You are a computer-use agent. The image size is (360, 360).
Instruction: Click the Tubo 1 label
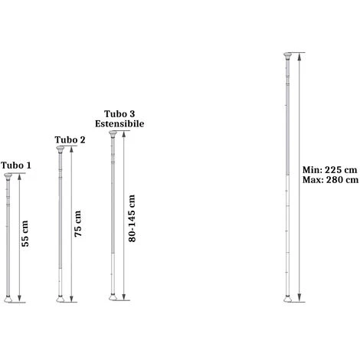pos(16,165)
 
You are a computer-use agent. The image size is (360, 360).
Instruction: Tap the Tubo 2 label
pos(70,139)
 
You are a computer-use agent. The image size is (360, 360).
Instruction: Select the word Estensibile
pos(119,123)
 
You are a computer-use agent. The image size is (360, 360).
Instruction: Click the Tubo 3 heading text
pos(119,113)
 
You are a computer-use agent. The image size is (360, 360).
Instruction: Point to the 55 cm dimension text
pos(25,234)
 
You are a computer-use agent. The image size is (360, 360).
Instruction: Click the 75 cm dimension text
pos(77,224)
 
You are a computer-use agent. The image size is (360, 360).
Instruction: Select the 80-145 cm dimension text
pos(132,218)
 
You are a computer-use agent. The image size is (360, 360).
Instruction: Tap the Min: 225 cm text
pos(329,170)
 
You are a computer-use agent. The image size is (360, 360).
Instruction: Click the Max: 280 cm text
pos(330,180)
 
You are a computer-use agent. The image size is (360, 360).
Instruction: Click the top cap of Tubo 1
pos(8,176)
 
